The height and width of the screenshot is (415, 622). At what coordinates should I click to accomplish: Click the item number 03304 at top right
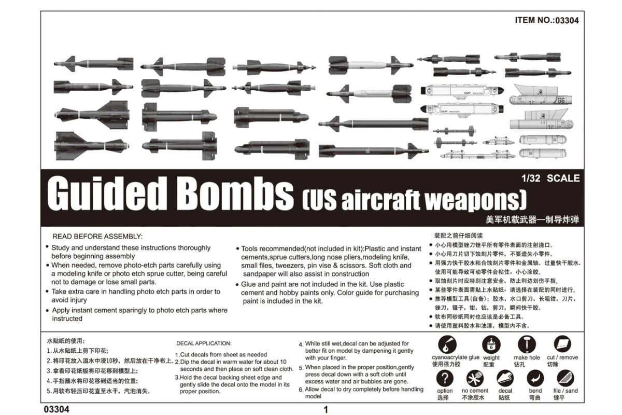pos(562,21)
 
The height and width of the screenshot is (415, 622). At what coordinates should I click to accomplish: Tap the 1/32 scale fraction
pos(531,178)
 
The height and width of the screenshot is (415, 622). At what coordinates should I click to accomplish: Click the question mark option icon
pos(444,378)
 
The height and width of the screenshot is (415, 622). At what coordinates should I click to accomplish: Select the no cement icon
pos(474,378)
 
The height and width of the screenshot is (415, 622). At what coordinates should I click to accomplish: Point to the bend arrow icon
pos(535,378)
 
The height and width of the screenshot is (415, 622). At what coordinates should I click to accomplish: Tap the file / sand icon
pos(566,378)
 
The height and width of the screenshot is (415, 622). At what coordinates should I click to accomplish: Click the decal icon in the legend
pos(505,378)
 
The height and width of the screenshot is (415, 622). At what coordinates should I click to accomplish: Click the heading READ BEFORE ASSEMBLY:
pos(97,236)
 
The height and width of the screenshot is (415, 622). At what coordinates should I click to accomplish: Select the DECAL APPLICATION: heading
pos(204,343)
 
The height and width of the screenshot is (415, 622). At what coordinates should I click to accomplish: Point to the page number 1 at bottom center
pos(326,410)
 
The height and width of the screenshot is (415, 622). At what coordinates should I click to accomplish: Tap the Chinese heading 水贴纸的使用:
pos(65,341)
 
